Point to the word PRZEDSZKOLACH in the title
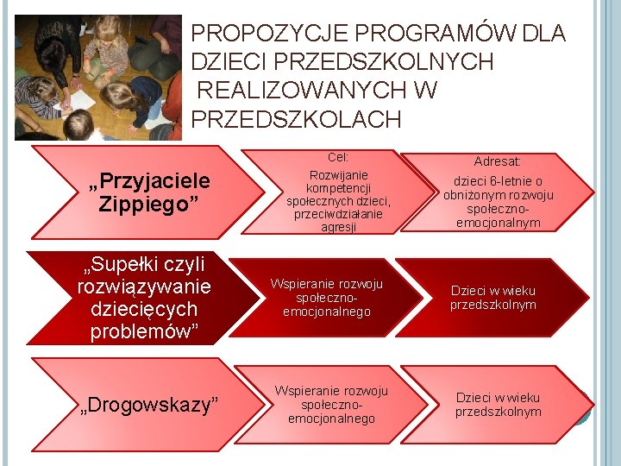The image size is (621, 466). [296, 119]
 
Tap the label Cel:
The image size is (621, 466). [338, 158]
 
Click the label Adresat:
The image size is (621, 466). [498, 161]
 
